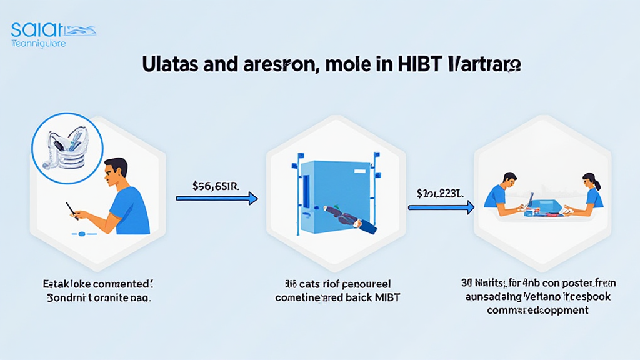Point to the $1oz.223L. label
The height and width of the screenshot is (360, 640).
[x=439, y=193]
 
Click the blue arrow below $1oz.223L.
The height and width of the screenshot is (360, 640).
[x=441, y=207]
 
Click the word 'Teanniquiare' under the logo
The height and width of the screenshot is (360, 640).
[x=39, y=44]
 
